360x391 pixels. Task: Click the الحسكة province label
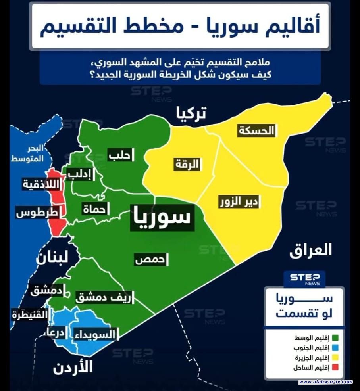[256, 131]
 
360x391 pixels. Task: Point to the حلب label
[119, 155]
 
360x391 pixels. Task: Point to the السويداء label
[94, 334]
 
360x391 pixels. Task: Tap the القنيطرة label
[29, 316]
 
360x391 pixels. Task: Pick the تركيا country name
[191, 114]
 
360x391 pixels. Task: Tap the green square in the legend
[335, 338]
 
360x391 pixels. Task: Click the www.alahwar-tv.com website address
[325, 382]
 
